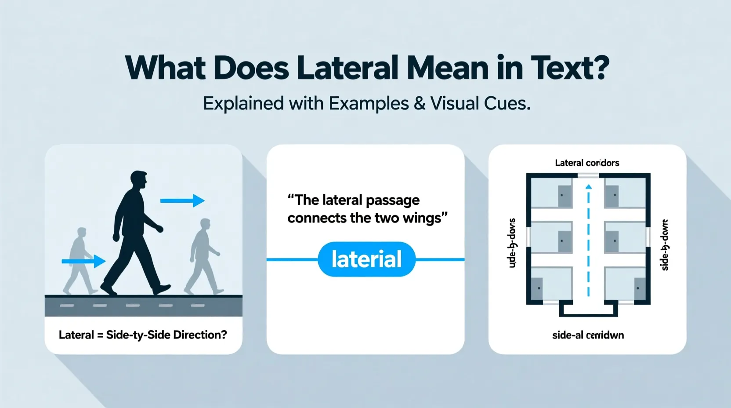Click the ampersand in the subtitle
[420, 104]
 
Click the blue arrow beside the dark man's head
[182, 201]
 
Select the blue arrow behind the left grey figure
[83, 262]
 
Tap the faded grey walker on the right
[202, 257]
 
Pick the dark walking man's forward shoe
[161, 289]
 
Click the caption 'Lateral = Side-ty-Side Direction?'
[143, 335]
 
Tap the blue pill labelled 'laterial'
[366, 259]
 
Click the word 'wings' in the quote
[422, 218]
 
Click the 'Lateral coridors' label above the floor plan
[587, 163]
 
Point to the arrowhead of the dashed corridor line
[589, 187]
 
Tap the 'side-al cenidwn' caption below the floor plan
[588, 335]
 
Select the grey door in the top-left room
[565, 196]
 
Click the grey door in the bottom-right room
[640, 289]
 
